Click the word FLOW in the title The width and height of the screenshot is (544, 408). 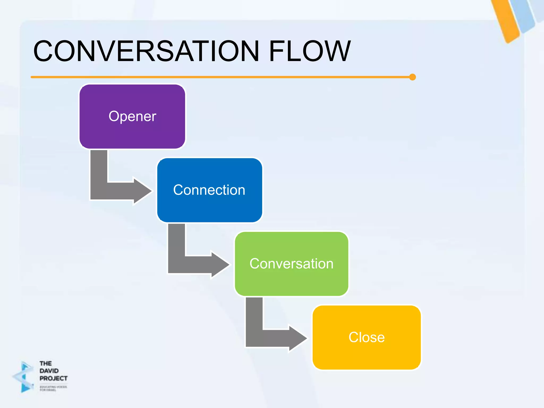[310, 51]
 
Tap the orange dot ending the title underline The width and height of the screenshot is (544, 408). [412, 77]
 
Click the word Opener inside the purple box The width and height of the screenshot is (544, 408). [132, 116]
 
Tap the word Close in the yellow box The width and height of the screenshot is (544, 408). [367, 337]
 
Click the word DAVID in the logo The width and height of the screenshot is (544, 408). [49, 371]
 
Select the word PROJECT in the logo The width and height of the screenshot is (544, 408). [53, 378]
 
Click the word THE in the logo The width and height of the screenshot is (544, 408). [45, 363]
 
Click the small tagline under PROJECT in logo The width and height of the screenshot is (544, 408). [53, 388]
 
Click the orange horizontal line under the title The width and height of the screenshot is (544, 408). [212, 77]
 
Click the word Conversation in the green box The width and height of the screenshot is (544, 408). [291, 264]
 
